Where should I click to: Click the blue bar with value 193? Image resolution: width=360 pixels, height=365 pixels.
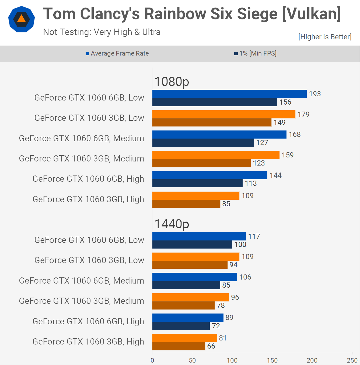coord(229,94)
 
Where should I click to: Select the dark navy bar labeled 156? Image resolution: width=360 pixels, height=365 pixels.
coord(215,102)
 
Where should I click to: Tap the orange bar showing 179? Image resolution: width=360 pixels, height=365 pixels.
coord(224,114)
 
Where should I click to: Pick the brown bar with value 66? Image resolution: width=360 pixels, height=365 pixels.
coord(179,346)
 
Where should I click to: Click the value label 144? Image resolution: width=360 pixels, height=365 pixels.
coord(275,175)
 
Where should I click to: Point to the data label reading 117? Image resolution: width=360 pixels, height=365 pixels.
coord(254,236)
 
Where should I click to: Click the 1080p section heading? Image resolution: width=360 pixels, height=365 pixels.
coord(172,82)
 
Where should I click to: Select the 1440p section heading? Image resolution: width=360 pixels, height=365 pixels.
coord(172,224)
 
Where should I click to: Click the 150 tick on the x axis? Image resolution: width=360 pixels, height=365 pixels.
coord(272,360)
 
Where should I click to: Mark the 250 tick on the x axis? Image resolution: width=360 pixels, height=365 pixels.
coord(352,360)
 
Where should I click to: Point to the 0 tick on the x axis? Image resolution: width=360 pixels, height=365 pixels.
coord(152,360)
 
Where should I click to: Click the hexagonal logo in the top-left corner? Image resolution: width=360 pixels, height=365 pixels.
coord(22,19)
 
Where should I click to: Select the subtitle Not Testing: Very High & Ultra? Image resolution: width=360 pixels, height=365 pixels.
coord(102,32)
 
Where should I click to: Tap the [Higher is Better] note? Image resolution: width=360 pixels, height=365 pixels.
coord(325,37)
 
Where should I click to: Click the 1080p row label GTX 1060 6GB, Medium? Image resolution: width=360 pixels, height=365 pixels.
coord(82,138)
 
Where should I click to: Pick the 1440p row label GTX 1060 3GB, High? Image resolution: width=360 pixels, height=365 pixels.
coord(88,342)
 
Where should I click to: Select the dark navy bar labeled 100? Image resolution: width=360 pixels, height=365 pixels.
coord(192,245)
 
